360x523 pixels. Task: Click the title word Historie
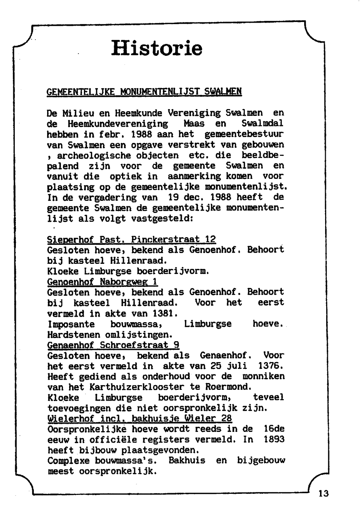click(157, 48)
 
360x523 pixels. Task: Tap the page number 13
click(324, 493)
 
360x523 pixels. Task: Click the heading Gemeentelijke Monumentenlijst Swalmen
click(144, 92)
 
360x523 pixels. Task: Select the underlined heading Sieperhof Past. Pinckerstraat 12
click(131, 239)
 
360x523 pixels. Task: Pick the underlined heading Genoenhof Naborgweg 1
click(103, 282)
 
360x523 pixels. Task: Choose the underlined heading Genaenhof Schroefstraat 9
click(113, 345)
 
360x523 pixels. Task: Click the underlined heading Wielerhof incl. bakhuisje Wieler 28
click(140, 419)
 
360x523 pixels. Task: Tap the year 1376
click(271, 366)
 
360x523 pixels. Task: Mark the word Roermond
click(227, 387)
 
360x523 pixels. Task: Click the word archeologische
click(94, 156)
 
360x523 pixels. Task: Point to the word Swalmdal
click(262, 124)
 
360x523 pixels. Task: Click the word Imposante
click(71, 324)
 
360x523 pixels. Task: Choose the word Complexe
click(68, 461)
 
